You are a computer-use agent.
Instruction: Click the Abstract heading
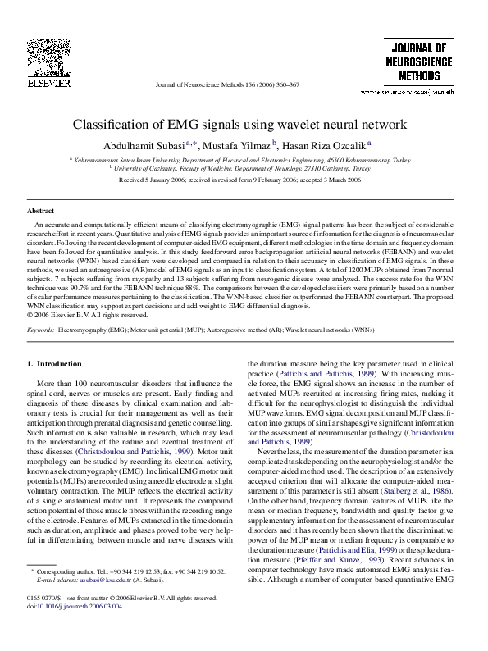coord(39,211)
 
